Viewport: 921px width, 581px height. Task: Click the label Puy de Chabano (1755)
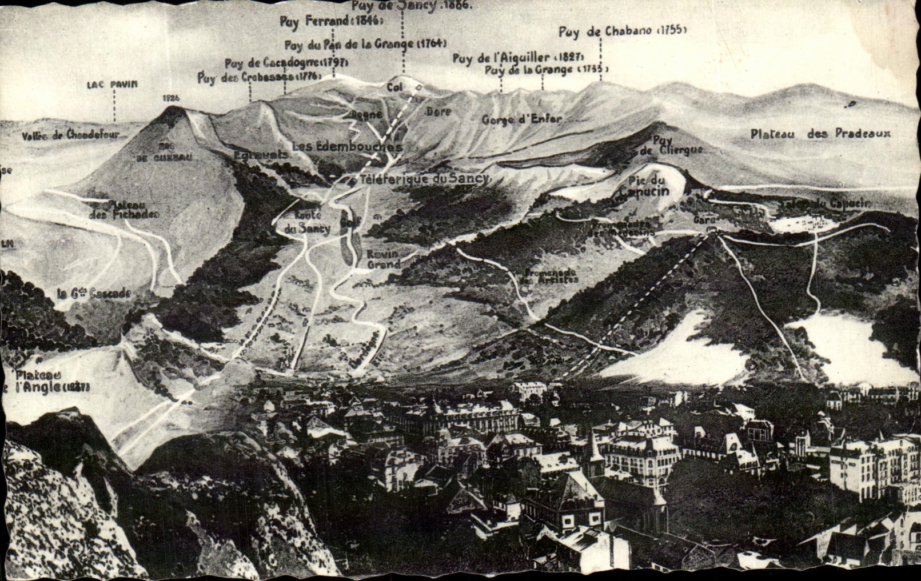pos(622,31)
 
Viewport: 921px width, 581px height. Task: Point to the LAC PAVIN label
pos(113,85)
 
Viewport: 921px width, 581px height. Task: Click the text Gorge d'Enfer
pos(521,119)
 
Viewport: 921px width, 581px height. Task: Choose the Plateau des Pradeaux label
pos(820,134)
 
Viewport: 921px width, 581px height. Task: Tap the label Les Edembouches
pos(347,147)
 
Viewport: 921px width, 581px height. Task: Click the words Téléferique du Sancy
pos(424,178)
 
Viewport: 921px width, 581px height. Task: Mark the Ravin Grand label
pos(383,259)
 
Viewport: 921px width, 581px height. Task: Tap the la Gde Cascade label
pos(94,294)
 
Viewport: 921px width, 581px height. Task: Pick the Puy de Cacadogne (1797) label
pos(286,63)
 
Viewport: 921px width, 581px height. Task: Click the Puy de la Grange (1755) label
pos(546,70)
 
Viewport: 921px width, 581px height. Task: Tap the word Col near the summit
pos(394,87)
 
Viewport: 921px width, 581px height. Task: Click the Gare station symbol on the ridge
pos(711,229)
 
